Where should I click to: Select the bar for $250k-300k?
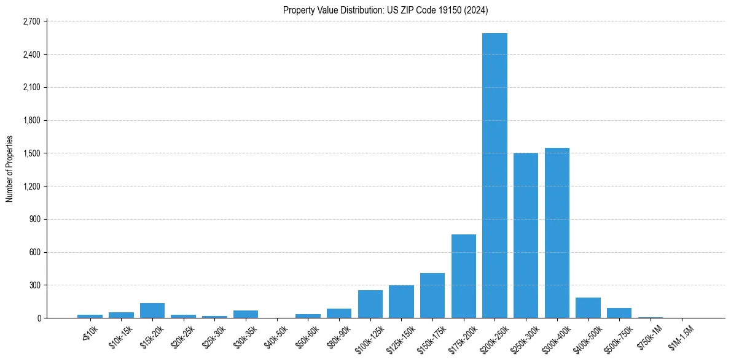point(526,236)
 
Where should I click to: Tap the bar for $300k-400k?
point(557,233)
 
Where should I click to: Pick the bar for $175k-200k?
point(464,276)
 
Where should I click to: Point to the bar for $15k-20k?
point(152,310)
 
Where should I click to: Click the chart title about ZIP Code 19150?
point(386,10)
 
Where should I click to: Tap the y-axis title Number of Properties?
point(10,169)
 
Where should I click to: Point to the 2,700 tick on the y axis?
point(30,21)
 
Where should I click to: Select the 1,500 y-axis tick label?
point(30,153)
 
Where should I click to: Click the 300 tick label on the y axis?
point(34,285)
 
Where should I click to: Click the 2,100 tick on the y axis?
point(30,87)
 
